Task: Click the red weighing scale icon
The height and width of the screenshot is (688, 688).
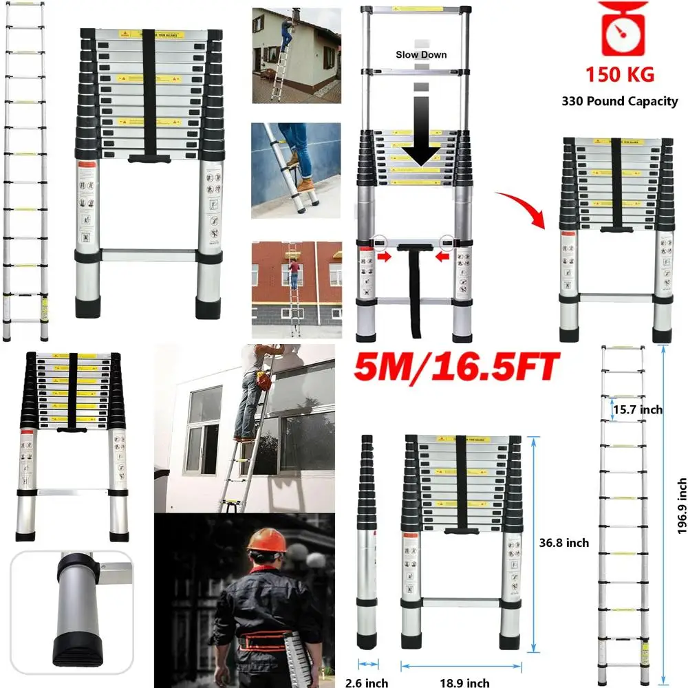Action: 622,30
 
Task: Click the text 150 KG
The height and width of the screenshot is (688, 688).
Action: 619,74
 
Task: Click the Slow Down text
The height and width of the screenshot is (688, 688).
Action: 420,54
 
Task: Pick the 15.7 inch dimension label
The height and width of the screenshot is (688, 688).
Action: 637,409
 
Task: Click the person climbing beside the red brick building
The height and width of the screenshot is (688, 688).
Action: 294,274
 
